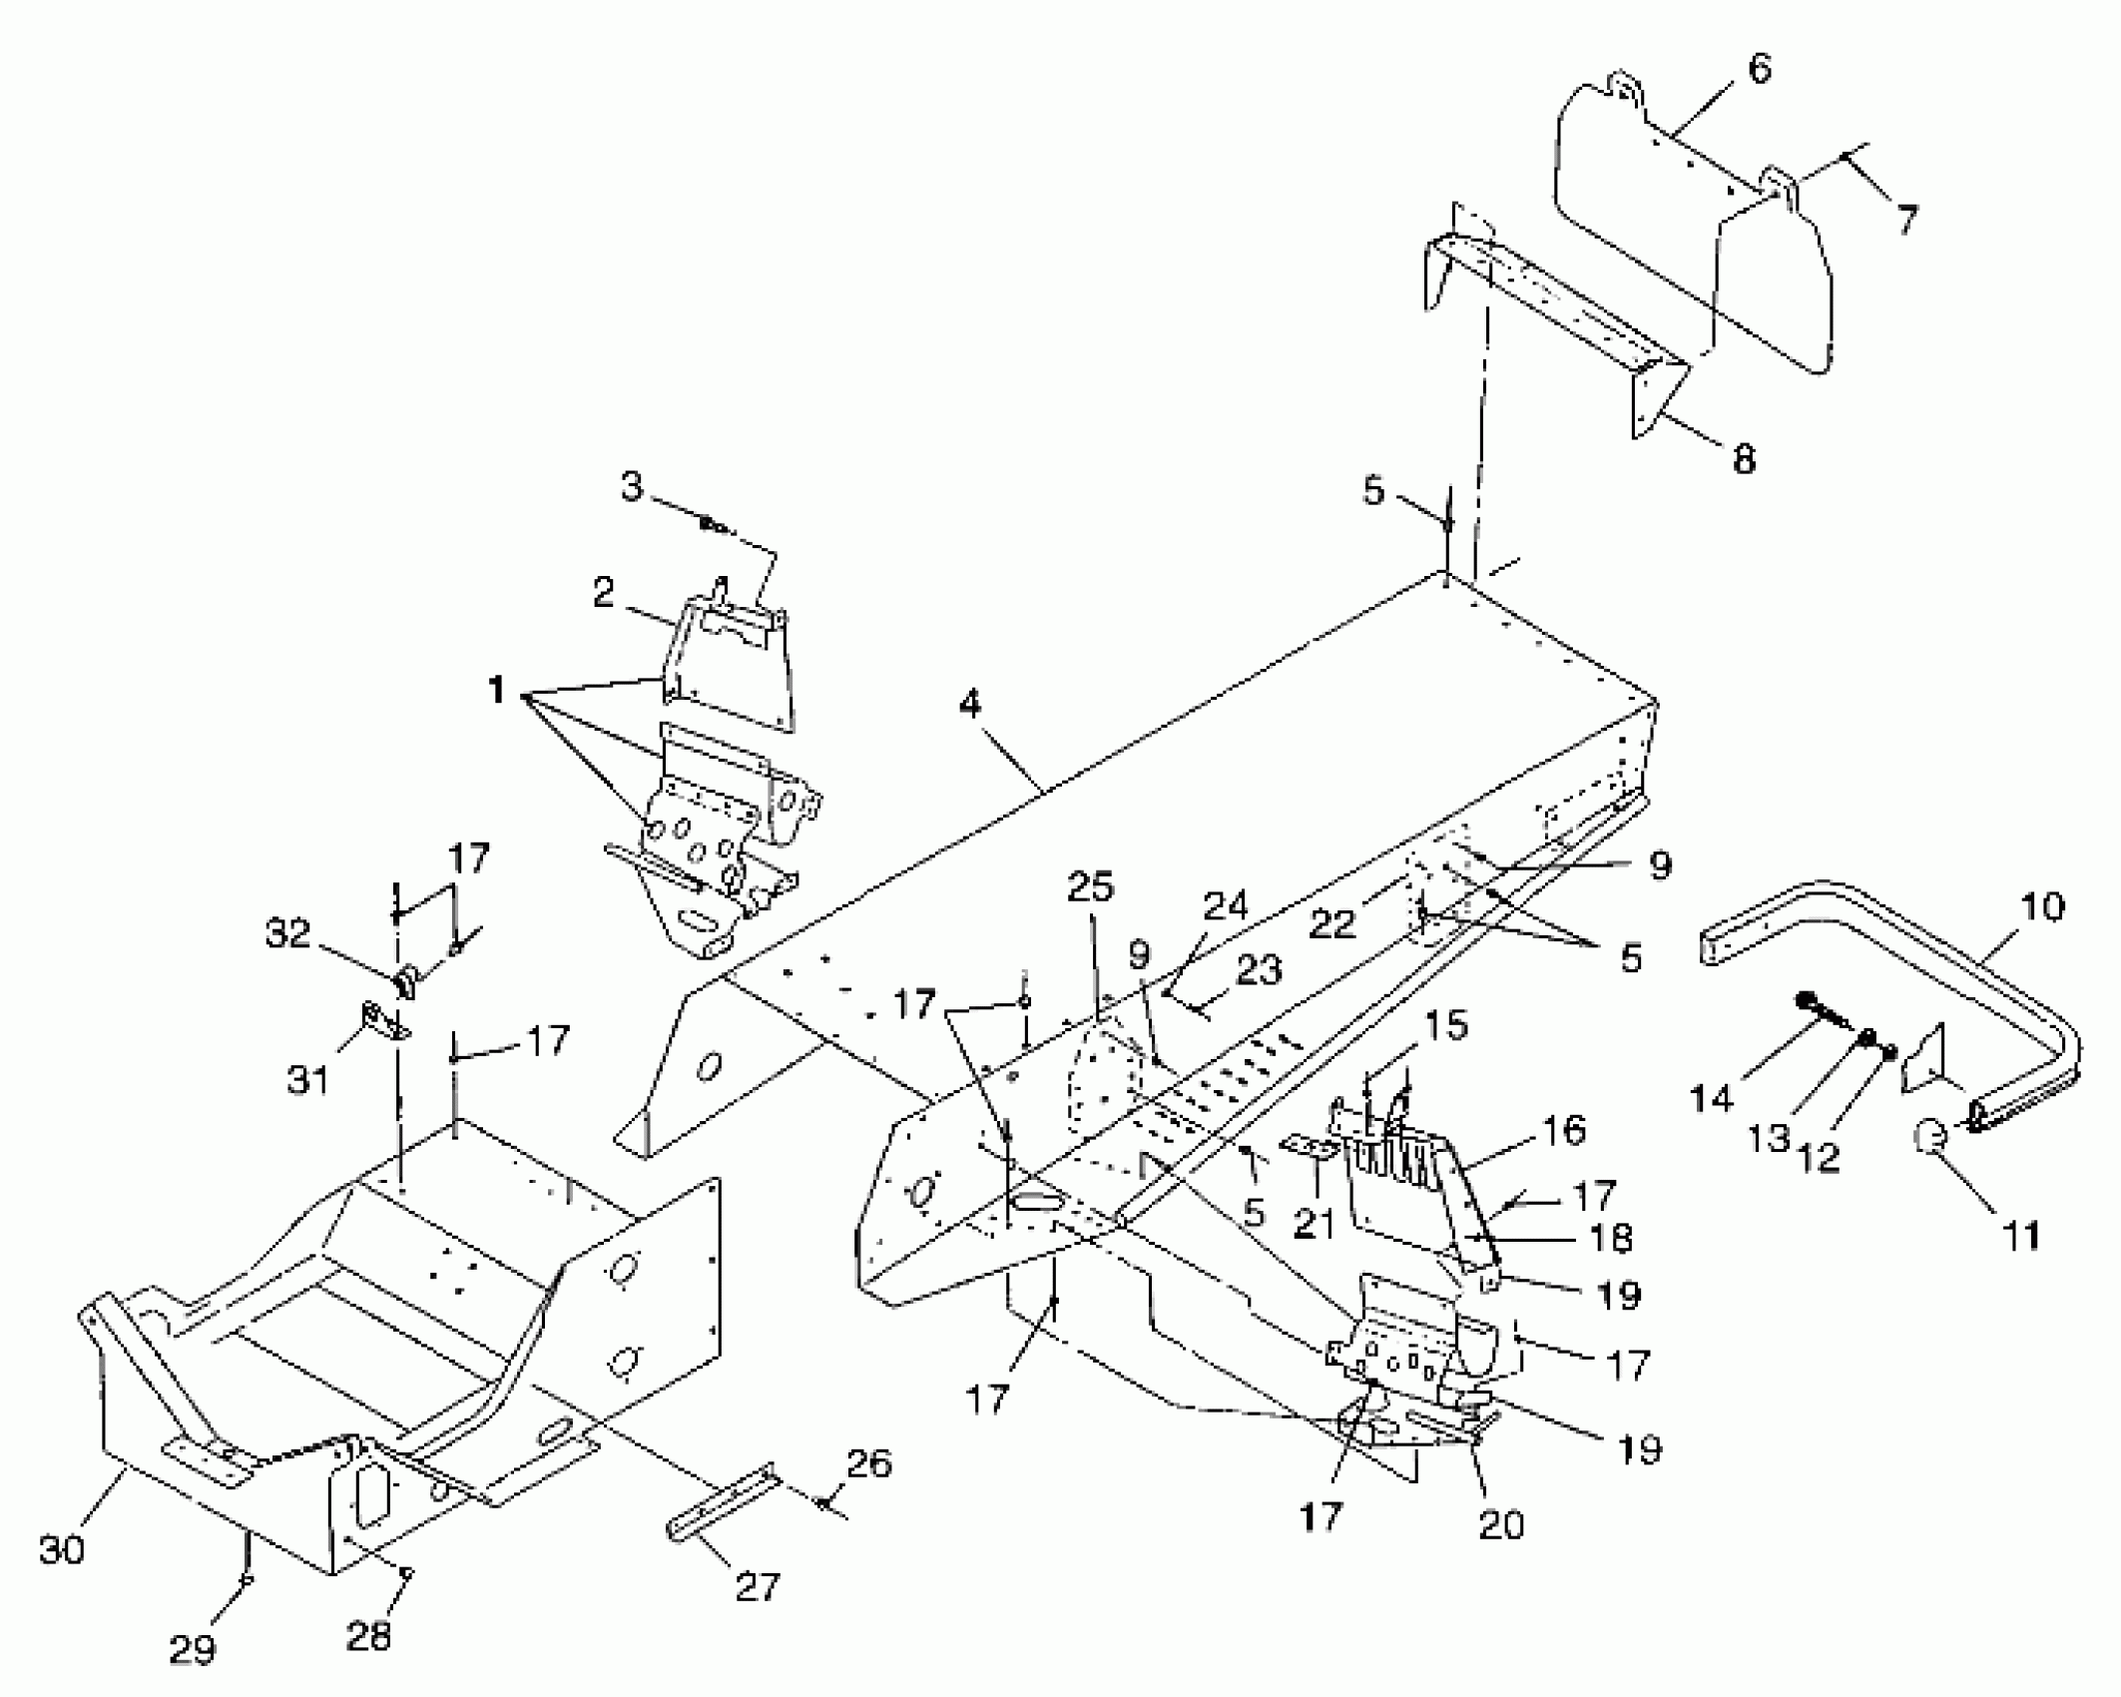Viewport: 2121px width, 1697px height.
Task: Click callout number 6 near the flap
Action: pos(1759,70)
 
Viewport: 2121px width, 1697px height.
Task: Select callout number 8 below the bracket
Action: pos(1743,459)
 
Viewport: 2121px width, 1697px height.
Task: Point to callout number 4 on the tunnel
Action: pos(969,705)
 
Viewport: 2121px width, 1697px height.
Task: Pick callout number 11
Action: pos(2022,1236)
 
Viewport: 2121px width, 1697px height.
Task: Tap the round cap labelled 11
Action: pos(1931,1136)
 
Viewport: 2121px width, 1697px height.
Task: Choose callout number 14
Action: pos(1711,1099)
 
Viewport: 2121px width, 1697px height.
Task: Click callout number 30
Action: pos(62,1549)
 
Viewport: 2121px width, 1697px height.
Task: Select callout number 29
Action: pos(192,1649)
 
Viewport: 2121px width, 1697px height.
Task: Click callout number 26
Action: pos(868,1463)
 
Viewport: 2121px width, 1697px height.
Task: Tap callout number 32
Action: pos(288,933)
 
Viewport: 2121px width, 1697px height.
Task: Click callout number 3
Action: pos(632,488)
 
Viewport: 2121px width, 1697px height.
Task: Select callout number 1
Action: pos(496,689)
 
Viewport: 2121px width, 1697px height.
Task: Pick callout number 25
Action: pos(1090,886)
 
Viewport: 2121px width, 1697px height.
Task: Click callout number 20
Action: pos(1501,1524)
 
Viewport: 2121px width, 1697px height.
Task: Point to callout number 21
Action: pos(1313,1223)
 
